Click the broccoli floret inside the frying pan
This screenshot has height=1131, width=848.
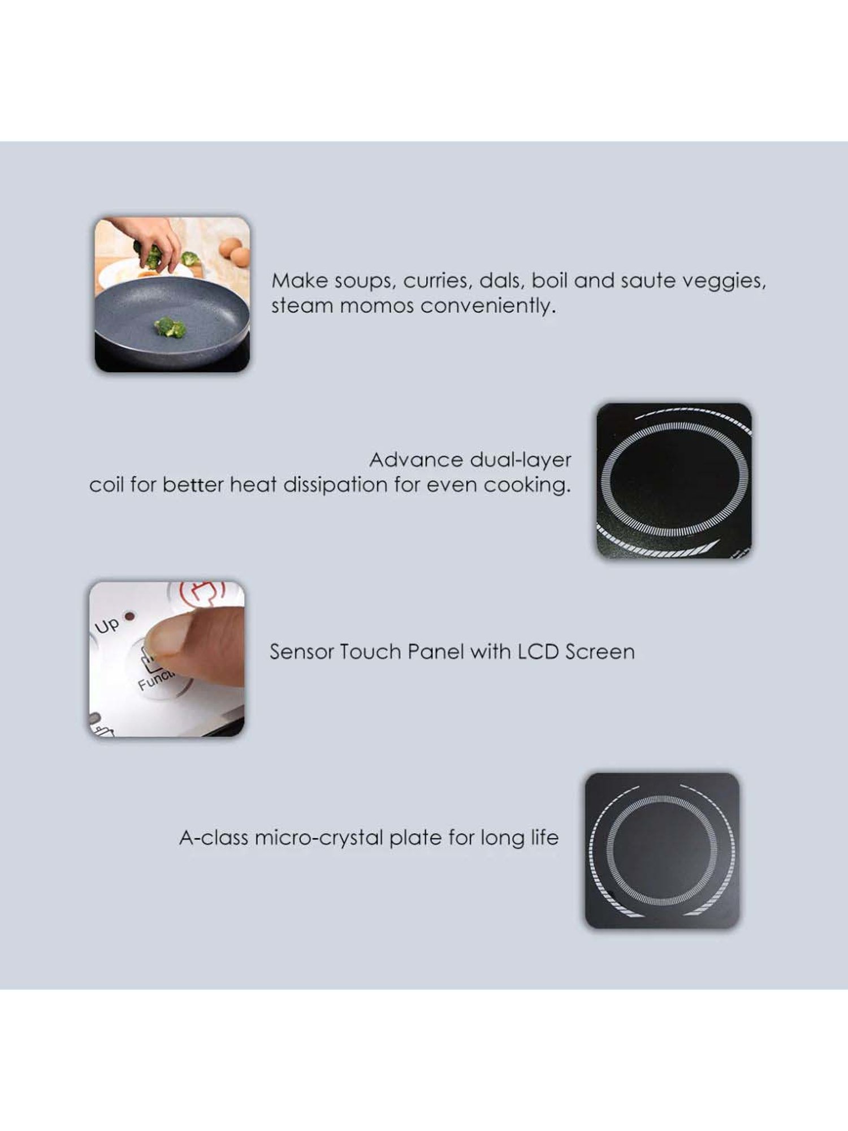tap(170, 327)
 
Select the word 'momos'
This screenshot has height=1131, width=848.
tap(377, 306)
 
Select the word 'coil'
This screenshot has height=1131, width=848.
tap(106, 485)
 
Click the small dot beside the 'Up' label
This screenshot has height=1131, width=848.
tap(129, 616)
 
